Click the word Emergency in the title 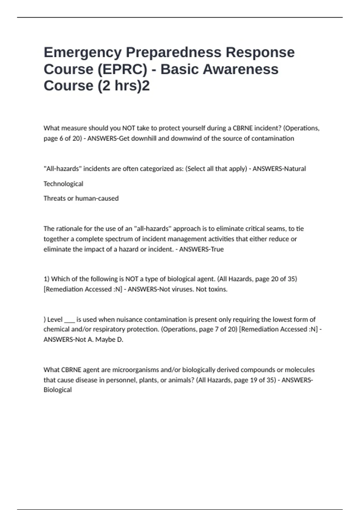82,52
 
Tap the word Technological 63,184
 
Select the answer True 217,249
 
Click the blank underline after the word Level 69,320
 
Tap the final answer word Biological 58,390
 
